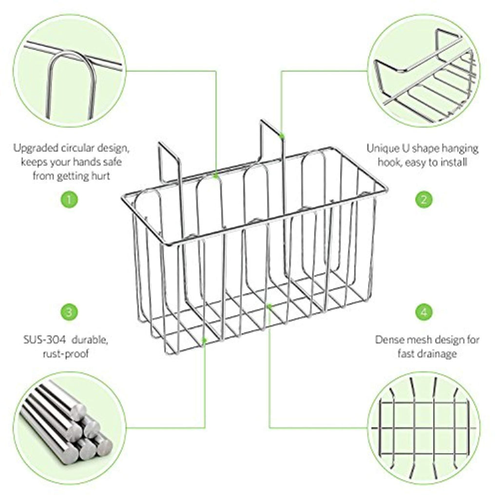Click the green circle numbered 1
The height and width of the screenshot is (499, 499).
(69, 200)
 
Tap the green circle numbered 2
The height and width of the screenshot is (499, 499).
(424, 200)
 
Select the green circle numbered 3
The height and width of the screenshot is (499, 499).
(69, 312)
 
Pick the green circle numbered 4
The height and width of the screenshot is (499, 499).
(424, 312)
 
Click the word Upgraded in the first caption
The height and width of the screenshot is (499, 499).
(36, 149)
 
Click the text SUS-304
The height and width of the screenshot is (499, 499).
(44, 340)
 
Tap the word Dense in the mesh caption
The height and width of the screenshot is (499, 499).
(389, 340)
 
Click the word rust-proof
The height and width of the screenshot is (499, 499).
(66, 354)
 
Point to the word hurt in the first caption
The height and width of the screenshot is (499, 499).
(101, 175)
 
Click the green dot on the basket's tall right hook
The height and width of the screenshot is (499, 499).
(282, 136)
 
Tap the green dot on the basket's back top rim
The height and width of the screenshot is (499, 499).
(216, 175)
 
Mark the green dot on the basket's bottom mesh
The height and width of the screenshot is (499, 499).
(269, 306)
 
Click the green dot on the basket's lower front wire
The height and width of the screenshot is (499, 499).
(205, 340)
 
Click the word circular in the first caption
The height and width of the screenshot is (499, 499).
(78, 148)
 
